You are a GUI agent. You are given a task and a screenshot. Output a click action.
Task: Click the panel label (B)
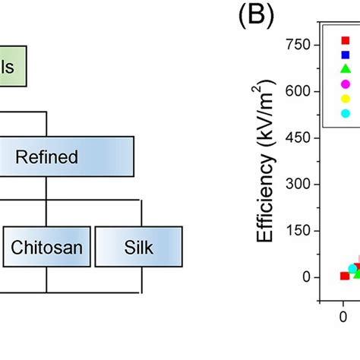point(256,15)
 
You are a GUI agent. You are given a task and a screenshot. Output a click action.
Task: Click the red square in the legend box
point(346,40)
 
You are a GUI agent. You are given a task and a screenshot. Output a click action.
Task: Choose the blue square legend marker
point(346,55)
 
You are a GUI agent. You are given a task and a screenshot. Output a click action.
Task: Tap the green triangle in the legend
point(346,69)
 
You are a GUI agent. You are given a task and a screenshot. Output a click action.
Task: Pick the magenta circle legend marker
point(346,84)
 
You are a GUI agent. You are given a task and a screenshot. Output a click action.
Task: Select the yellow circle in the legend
point(346,99)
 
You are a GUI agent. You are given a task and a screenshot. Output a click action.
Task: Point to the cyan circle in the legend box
point(346,113)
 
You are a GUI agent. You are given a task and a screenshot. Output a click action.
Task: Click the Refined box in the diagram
point(67,157)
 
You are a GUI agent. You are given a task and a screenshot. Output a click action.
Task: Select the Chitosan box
point(46,247)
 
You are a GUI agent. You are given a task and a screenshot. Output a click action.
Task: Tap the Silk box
point(138,247)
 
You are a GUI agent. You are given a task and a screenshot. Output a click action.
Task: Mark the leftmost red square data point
point(344,276)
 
